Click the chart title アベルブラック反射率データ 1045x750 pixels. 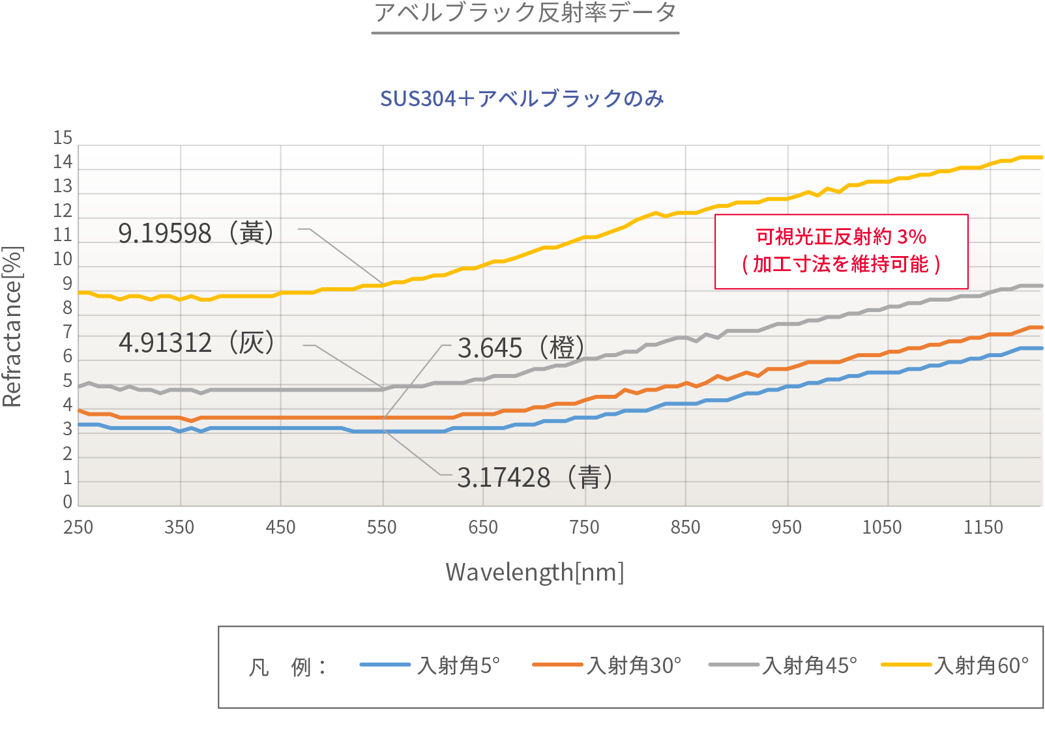[x=525, y=13]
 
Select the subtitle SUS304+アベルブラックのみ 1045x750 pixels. [x=522, y=99]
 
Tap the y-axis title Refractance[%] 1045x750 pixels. [x=13, y=326]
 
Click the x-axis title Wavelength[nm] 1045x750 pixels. [x=535, y=573]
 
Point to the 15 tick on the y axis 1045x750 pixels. [x=63, y=138]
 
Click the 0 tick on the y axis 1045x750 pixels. [x=67, y=502]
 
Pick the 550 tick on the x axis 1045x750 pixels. [x=381, y=527]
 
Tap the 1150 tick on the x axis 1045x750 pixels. [x=983, y=527]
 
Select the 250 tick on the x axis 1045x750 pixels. [x=78, y=527]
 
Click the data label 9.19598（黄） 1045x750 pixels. [x=196, y=233]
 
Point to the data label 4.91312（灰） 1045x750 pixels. [x=196, y=343]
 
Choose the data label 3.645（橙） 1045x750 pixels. [x=521, y=348]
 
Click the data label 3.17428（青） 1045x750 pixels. [x=535, y=478]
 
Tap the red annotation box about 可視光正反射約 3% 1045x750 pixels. [x=841, y=251]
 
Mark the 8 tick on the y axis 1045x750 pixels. [x=67, y=308]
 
